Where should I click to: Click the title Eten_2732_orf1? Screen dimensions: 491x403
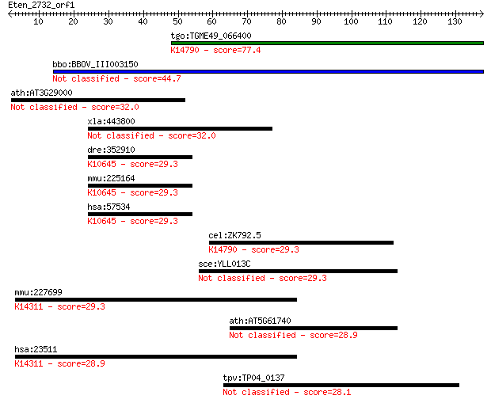click(41, 6)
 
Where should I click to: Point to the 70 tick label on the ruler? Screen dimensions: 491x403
click(246, 21)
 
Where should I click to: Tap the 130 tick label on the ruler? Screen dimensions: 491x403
click(455, 21)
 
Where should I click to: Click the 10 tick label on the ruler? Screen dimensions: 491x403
click(38, 21)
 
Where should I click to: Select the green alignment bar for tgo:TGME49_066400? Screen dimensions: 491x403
click(328, 44)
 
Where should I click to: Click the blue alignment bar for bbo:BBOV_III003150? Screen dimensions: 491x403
click(268, 72)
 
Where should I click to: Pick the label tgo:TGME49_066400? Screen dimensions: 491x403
click(211, 36)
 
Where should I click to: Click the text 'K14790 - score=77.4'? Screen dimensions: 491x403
click(215, 50)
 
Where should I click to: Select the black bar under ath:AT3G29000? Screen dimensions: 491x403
click(98, 101)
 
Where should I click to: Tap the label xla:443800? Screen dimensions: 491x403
click(111, 121)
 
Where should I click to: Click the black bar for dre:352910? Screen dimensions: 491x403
click(140, 158)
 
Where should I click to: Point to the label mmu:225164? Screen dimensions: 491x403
click(111, 178)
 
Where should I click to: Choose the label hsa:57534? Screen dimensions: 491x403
click(108, 207)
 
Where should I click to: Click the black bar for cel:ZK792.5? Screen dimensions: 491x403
click(301, 243)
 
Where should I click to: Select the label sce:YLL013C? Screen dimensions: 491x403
click(225, 264)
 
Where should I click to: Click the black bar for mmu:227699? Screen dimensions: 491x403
click(156, 299)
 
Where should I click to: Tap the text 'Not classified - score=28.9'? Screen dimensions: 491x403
click(293, 336)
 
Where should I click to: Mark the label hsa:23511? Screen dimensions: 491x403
click(36, 349)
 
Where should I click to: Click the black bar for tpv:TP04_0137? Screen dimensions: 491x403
click(341, 385)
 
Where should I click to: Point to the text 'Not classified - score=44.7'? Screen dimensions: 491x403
click(116, 78)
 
